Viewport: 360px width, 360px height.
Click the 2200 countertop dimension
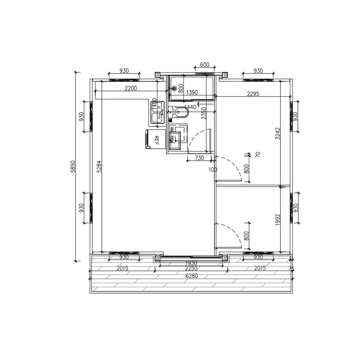(131, 88)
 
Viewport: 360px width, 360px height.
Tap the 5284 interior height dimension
(99, 166)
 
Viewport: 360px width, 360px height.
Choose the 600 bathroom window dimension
(204, 65)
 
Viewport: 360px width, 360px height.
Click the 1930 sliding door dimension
(191, 263)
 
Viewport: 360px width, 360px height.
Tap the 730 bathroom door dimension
(199, 158)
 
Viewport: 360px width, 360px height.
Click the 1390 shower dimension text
(192, 92)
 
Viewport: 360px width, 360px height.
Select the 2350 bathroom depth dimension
(203, 114)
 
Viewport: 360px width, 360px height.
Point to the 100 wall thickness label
(212, 170)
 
